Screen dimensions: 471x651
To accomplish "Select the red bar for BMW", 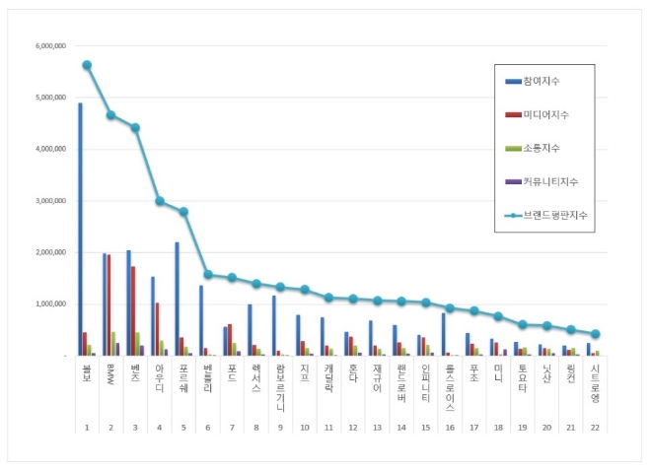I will coord(109,304).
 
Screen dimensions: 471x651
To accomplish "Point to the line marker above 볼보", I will coord(87,65).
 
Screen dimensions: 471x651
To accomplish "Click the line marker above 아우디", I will coord(159,201).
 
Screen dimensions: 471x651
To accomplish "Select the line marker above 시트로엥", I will coord(595,334).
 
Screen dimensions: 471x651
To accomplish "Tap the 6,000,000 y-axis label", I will coord(49,46).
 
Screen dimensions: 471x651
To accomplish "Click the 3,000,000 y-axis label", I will coord(49,201).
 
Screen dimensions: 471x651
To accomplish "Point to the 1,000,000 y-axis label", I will coord(49,303).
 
